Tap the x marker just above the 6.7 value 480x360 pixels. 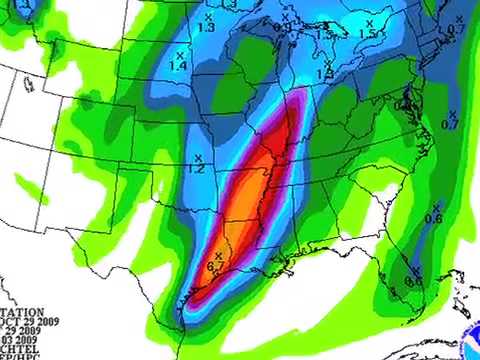pyautogui.click(x=218, y=257)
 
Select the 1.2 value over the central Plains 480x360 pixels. pyautogui.click(x=196, y=170)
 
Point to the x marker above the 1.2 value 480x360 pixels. pyautogui.click(x=198, y=158)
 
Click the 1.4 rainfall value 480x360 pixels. pyautogui.click(x=179, y=66)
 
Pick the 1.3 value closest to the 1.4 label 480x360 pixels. pyautogui.click(x=207, y=28)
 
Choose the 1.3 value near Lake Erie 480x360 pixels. pyautogui.click(x=325, y=75)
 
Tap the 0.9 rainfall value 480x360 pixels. pyautogui.click(x=281, y=29)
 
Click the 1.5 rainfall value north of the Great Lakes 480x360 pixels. pyautogui.click(x=367, y=34)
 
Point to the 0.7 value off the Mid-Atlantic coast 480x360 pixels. pyautogui.click(x=450, y=124)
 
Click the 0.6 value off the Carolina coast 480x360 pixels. pyautogui.click(x=434, y=218)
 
